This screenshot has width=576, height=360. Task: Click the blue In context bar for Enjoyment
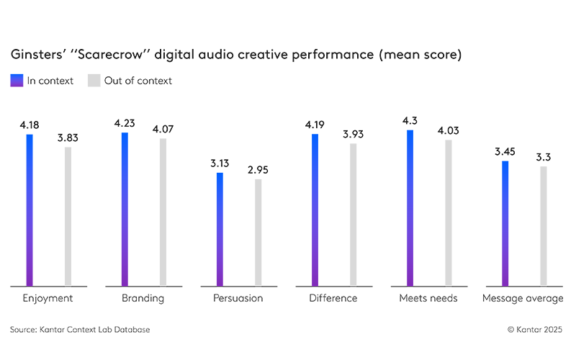(x=30, y=210)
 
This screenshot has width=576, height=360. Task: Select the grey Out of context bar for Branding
(x=163, y=212)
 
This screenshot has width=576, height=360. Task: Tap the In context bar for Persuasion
(x=220, y=229)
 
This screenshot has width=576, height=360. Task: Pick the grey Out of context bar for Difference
(x=353, y=214)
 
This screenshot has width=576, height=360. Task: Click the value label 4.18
(x=30, y=125)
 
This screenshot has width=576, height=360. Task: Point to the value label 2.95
(x=258, y=170)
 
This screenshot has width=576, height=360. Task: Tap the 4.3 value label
(x=410, y=121)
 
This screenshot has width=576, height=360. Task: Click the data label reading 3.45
(x=505, y=152)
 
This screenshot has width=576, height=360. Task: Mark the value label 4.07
(x=163, y=130)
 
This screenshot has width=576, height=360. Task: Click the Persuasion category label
(x=238, y=298)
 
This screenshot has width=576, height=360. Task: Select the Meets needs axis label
(x=428, y=298)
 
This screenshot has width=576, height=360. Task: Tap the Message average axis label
(x=523, y=298)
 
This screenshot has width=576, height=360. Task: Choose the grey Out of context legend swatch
(x=94, y=81)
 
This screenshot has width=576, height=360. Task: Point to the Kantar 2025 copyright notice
(x=536, y=329)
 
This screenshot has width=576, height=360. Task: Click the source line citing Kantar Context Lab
(x=80, y=329)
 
